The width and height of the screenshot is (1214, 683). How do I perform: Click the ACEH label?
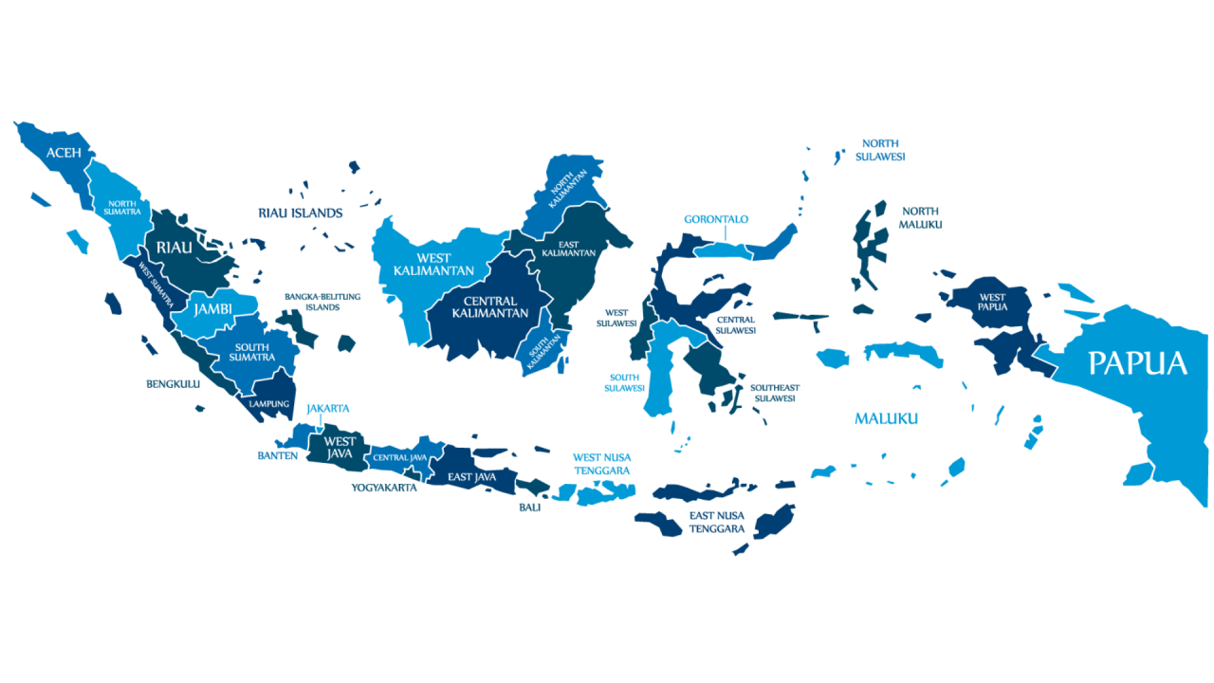[x=64, y=153]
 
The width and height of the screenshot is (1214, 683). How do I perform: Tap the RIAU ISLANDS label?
[x=300, y=213]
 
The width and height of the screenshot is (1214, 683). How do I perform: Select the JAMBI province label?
[x=212, y=309]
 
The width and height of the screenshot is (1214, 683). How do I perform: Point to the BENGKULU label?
[x=174, y=384]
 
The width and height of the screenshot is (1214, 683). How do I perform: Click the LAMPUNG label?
[x=268, y=403]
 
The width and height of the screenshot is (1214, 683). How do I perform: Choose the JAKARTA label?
[x=327, y=409]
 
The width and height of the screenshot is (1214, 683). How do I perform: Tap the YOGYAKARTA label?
[x=384, y=488]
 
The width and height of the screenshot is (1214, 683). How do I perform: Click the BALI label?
[x=529, y=508]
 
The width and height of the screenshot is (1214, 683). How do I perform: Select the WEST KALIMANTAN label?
[x=433, y=265]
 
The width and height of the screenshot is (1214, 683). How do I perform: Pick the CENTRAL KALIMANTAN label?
[x=489, y=306]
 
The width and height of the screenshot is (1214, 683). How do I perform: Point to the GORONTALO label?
[x=716, y=219]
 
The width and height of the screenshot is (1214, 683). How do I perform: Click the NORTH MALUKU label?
[x=920, y=217]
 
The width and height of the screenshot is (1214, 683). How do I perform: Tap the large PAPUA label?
[x=1137, y=363]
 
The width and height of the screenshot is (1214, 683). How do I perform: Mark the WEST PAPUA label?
[x=993, y=303]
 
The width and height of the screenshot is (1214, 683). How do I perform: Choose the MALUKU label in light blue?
[x=886, y=418]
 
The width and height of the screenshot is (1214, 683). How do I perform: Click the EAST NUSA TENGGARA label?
[x=717, y=522]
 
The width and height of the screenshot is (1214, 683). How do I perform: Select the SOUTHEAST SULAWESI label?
[x=775, y=393]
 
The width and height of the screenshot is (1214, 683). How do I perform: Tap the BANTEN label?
[x=278, y=455]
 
